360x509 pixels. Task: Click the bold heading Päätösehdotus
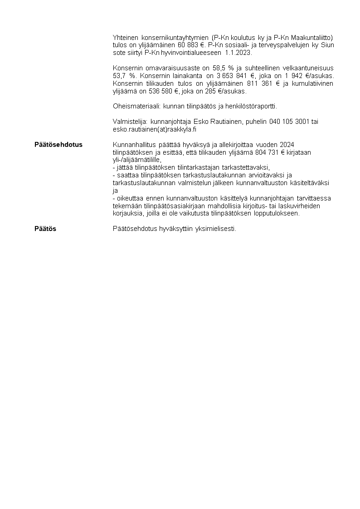58,145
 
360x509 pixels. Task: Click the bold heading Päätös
45,229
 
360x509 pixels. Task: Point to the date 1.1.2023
239,53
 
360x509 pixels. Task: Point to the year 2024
287,145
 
